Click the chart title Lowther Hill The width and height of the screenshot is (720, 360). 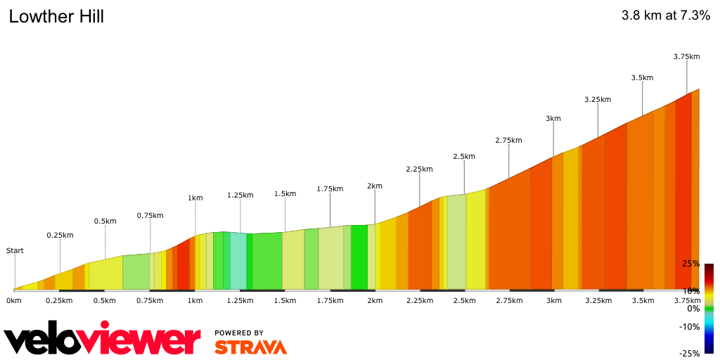[x=56, y=16]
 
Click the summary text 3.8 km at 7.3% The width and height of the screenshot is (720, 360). [x=665, y=16]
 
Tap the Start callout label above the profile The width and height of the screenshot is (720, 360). [x=14, y=250]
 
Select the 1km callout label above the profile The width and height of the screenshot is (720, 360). [x=195, y=198]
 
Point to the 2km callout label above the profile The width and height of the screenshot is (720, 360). [x=374, y=186]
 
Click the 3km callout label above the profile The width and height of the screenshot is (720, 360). [x=553, y=118]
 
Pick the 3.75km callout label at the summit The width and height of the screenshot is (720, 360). [x=686, y=56]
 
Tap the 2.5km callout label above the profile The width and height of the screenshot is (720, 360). [x=464, y=156]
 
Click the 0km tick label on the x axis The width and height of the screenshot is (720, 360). [x=13, y=301]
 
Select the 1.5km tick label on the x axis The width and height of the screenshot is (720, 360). [x=285, y=301]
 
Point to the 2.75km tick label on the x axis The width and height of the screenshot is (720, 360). [x=509, y=301]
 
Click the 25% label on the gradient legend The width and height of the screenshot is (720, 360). [x=690, y=264]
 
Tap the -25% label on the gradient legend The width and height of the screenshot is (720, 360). [x=689, y=353]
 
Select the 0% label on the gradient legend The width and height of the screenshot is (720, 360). [x=693, y=309]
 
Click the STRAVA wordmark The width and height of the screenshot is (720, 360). [x=250, y=347]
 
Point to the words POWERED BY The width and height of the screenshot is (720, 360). [x=239, y=333]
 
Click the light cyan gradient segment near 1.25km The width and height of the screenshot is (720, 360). [x=238, y=261]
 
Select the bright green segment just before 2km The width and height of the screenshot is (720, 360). [x=359, y=257]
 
